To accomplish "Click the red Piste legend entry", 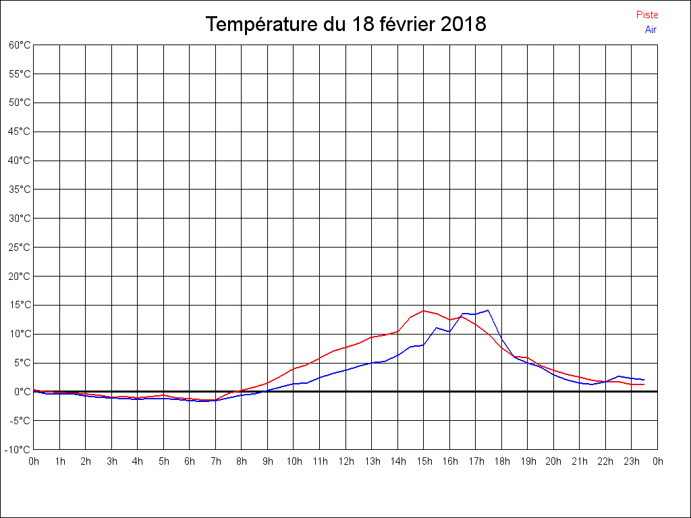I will [646, 15].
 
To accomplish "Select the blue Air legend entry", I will [651, 29].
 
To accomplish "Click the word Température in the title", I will [262, 24].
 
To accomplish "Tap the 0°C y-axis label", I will [21, 391].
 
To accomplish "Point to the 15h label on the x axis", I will [424, 461].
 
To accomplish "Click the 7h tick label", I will [216, 461].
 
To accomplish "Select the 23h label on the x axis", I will [632, 461].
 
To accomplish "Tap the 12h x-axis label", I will [345, 461].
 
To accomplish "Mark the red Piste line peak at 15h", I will [424, 310].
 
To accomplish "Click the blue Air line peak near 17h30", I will [487, 310].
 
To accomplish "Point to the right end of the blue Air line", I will [644, 380].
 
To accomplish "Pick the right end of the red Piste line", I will [644, 384].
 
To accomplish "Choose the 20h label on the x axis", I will [553, 461].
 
